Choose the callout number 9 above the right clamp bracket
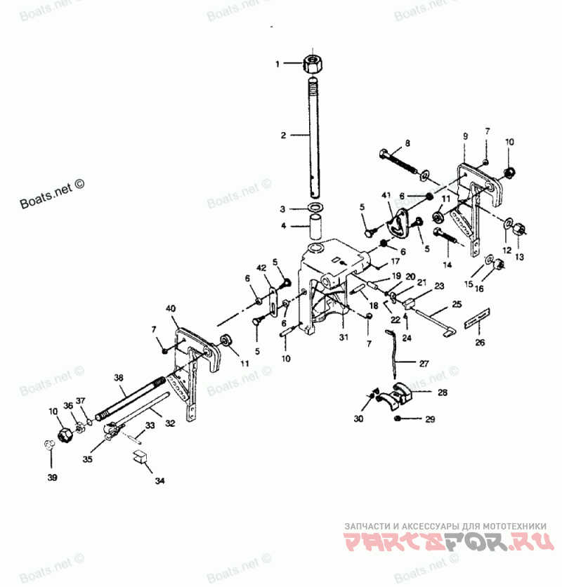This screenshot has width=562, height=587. [x=464, y=135]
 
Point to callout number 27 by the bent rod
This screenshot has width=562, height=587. [x=423, y=364]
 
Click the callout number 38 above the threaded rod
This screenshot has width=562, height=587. [x=119, y=376]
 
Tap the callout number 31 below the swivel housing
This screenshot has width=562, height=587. [x=344, y=337]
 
